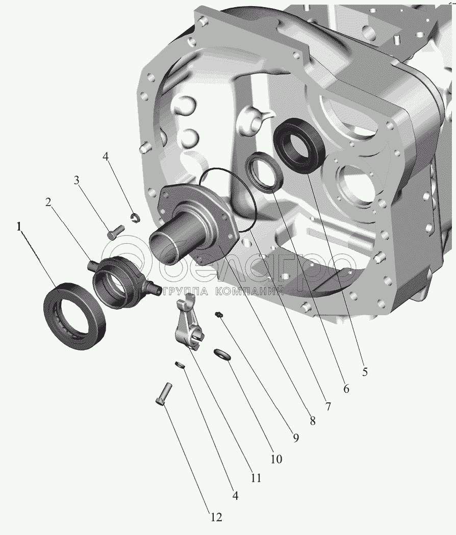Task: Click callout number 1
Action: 19,226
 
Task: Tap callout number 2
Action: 48,202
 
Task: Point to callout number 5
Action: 365,372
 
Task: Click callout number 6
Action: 346,389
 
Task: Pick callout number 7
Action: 328,406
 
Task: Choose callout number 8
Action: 313,421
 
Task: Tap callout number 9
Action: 295,438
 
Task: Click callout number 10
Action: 276,459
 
